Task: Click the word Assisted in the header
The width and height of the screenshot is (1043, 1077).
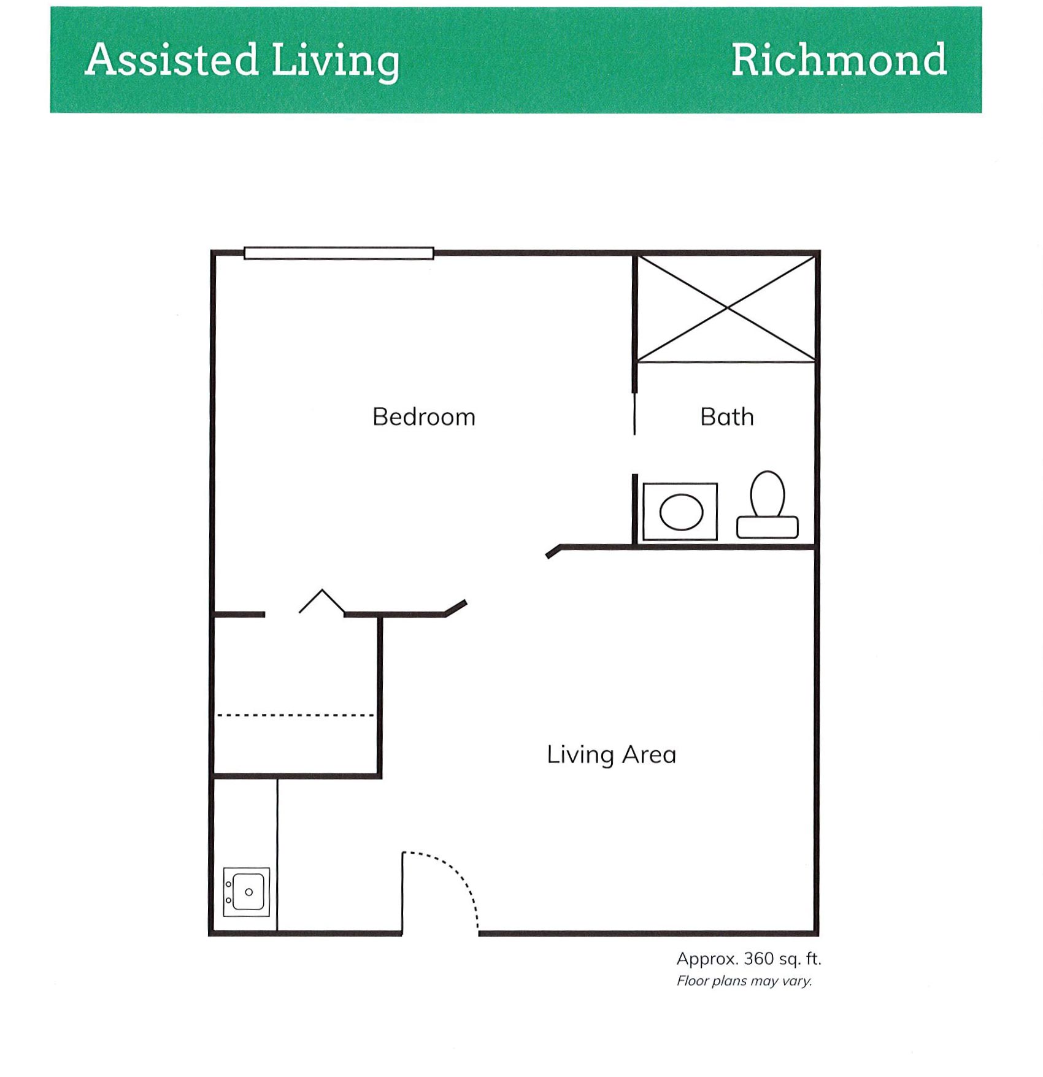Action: [x=172, y=59]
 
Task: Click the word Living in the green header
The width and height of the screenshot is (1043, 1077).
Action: [x=336, y=62]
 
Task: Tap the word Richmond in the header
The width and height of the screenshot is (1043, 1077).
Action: [x=839, y=59]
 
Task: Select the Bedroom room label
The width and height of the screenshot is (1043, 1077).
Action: [x=424, y=417]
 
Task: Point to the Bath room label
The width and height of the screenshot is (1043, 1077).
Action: [x=727, y=417]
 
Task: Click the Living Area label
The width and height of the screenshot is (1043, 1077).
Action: [x=612, y=755]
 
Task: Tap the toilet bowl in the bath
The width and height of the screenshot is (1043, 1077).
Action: [x=768, y=493]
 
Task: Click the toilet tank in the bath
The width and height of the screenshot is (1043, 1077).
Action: [x=768, y=527]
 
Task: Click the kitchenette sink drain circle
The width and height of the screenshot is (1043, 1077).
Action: [x=248, y=892]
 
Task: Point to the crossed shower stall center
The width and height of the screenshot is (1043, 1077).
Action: [x=727, y=308]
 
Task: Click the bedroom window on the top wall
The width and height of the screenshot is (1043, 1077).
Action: [x=339, y=253]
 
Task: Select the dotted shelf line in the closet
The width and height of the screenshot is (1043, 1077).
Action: [x=296, y=715]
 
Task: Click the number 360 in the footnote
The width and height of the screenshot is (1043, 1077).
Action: [x=759, y=959]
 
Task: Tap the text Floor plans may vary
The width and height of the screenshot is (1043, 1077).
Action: [x=744, y=981]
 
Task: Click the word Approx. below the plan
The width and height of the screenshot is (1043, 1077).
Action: [x=706, y=959]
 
